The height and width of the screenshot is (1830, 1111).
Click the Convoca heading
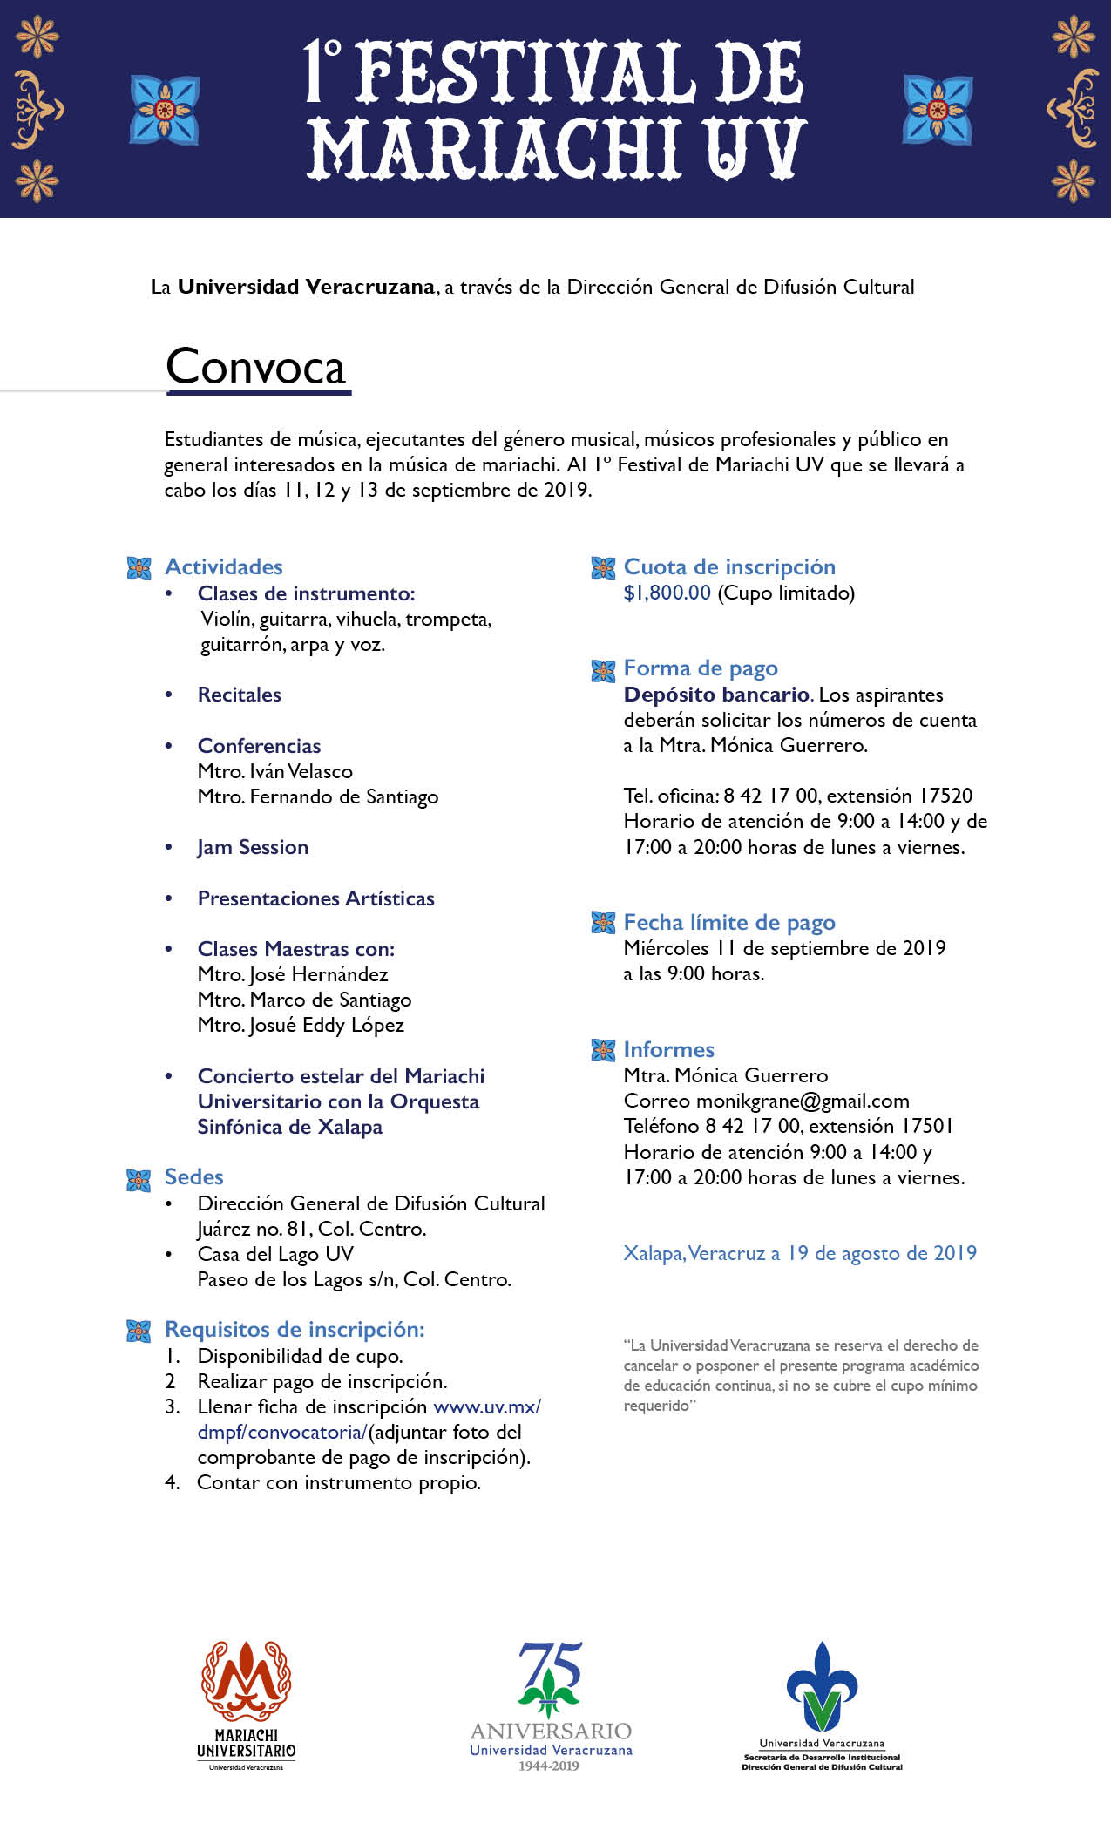pos(256,367)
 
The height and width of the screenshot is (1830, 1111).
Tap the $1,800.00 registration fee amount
pos(667,593)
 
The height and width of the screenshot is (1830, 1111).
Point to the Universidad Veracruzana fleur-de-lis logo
pos(822,1686)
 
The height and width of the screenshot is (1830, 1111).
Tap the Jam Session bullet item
pos(253,848)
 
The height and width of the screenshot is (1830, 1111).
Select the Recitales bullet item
pos(240,695)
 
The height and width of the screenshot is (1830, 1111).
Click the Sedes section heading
pos(194,1177)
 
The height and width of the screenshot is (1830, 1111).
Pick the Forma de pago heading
pos(701,668)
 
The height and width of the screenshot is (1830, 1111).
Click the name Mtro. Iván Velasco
pos(275,772)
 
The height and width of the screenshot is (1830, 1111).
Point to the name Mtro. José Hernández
pos(293,975)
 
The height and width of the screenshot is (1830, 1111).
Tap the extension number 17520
pos(945,796)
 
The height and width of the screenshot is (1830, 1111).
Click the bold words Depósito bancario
pos(717,695)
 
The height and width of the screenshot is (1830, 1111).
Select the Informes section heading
pos(668,1050)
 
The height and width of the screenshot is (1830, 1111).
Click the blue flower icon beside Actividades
pos(139,568)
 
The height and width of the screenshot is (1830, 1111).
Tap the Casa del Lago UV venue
pos(275,1255)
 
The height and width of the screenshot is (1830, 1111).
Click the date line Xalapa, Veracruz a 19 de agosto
pos(800,1254)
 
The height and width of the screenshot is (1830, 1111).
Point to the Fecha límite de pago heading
pos(729,923)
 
